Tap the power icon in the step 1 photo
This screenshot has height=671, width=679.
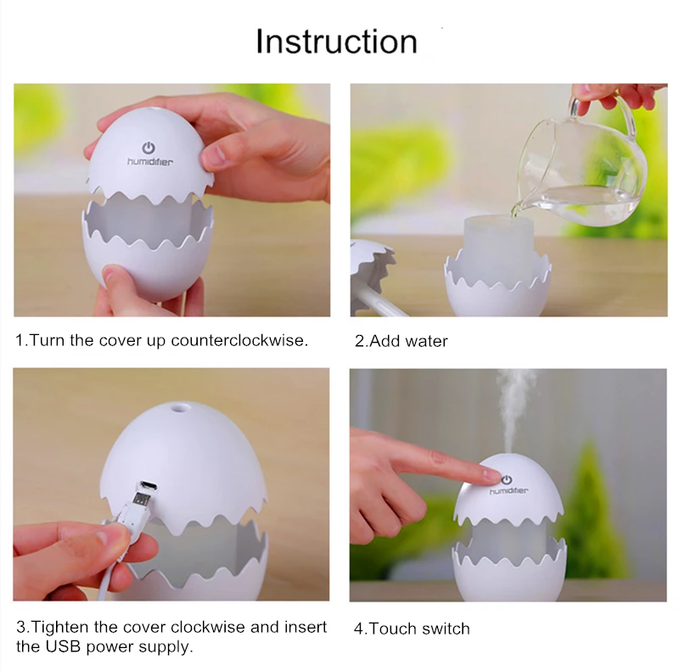click(149, 148)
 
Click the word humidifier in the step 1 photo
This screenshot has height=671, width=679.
click(150, 162)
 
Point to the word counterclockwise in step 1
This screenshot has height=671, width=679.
click(239, 341)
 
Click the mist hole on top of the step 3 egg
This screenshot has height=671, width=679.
click(178, 407)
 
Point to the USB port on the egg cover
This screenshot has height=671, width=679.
click(148, 485)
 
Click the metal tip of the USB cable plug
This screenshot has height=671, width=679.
click(142, 500)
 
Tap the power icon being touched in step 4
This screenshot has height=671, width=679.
click(507, 479)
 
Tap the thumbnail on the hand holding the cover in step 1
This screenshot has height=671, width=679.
click(216, 154)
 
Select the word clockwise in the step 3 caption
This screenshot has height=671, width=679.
click(208, 627)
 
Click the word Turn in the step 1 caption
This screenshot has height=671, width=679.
click(48, 341)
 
